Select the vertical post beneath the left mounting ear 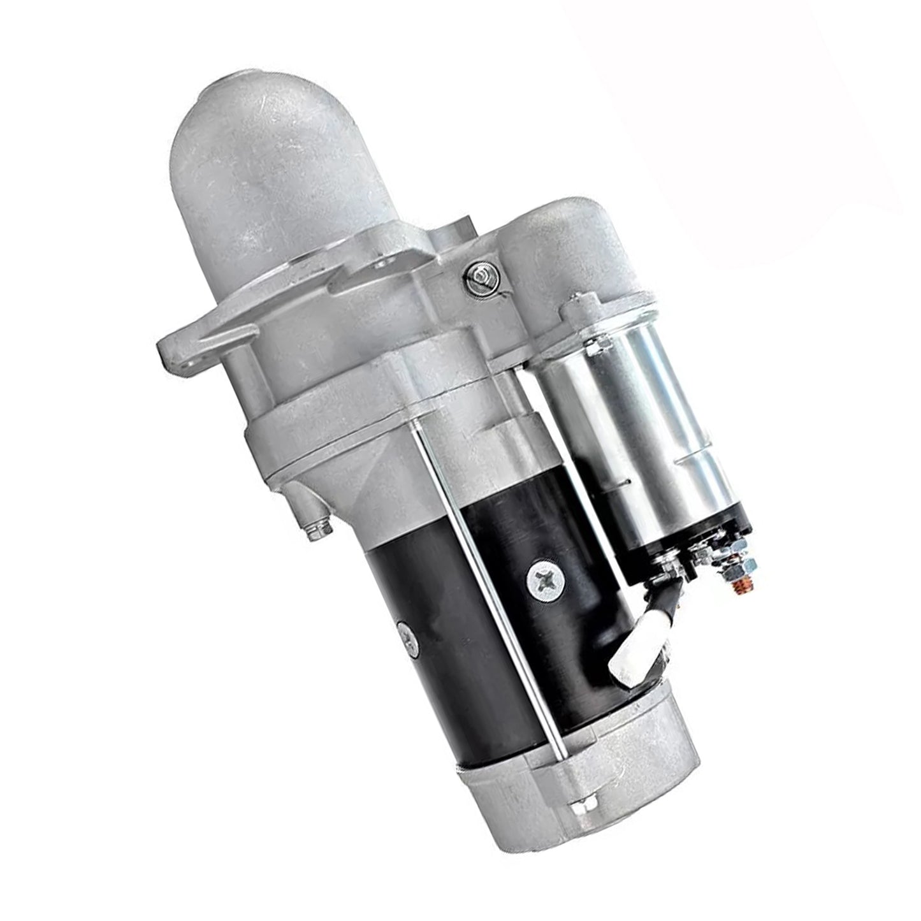point(243,376)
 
